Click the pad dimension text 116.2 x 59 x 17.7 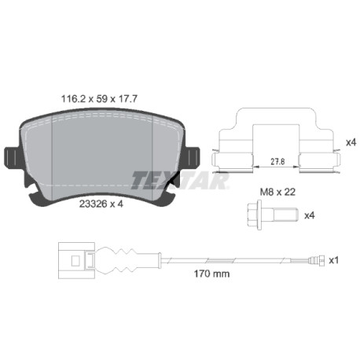(99, 99)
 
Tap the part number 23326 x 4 (101, 204)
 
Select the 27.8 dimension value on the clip (277, 162)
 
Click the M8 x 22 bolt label (277, 192)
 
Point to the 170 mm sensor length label (211, 274)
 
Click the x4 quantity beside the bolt (310, 215)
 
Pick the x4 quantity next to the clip (351, 143)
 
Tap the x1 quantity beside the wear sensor (334, 260)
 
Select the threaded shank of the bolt (286, 215)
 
